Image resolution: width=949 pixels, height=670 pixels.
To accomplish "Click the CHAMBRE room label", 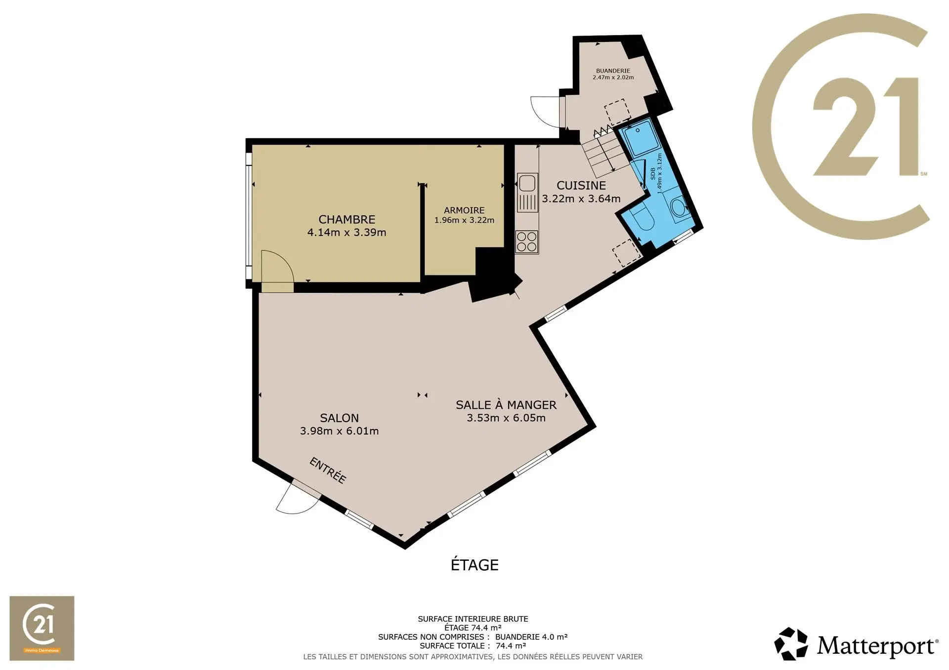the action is click(346, 219).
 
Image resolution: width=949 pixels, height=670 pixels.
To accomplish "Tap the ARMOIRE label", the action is click(464, 210).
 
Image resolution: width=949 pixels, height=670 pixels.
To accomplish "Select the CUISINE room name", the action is click(581, 185).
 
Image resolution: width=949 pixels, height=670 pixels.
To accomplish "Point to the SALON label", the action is click(339, 418).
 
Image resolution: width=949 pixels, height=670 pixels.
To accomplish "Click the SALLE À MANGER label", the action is click(506, 404).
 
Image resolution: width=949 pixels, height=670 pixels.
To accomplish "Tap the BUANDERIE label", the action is click(613, 71).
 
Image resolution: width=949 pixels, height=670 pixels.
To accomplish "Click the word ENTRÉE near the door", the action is click(328, 470).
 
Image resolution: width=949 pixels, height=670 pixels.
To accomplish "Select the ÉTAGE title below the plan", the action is click(474, 564).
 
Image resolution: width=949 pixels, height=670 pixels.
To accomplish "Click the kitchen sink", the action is click(527, 193).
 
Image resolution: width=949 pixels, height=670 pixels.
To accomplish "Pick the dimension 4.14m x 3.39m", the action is click(346, 232).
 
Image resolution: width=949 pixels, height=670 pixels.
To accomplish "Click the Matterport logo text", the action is click(877, 646).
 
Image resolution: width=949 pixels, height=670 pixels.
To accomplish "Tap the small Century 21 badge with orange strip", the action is click(42, 628).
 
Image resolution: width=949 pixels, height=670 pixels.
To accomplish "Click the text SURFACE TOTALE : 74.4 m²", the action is click(473, 646).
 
